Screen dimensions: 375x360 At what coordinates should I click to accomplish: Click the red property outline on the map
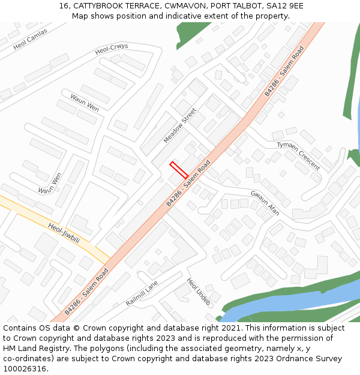point(179,170)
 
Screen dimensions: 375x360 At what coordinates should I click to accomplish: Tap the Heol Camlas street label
point(30,40)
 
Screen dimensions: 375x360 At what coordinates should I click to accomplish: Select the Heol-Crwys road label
point(112,49)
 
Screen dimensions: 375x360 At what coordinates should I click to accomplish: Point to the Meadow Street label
point(180,125)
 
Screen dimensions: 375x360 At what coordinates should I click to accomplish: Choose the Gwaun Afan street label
point(265,203)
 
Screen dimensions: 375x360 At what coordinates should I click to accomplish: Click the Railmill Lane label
point(142,293)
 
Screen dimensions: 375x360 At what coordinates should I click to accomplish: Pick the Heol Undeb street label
point(199,292)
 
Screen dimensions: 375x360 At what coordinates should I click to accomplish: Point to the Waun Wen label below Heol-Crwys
point(85,103)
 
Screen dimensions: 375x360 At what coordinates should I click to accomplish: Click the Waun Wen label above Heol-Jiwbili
point(50,183)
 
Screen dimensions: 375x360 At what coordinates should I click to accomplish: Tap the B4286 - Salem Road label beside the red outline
point(188,184)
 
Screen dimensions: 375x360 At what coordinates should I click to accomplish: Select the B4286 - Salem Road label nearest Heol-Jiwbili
point(86,292)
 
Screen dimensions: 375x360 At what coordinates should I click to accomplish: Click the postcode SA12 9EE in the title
point(287,6)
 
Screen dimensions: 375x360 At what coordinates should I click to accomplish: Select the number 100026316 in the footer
point(24,368)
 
